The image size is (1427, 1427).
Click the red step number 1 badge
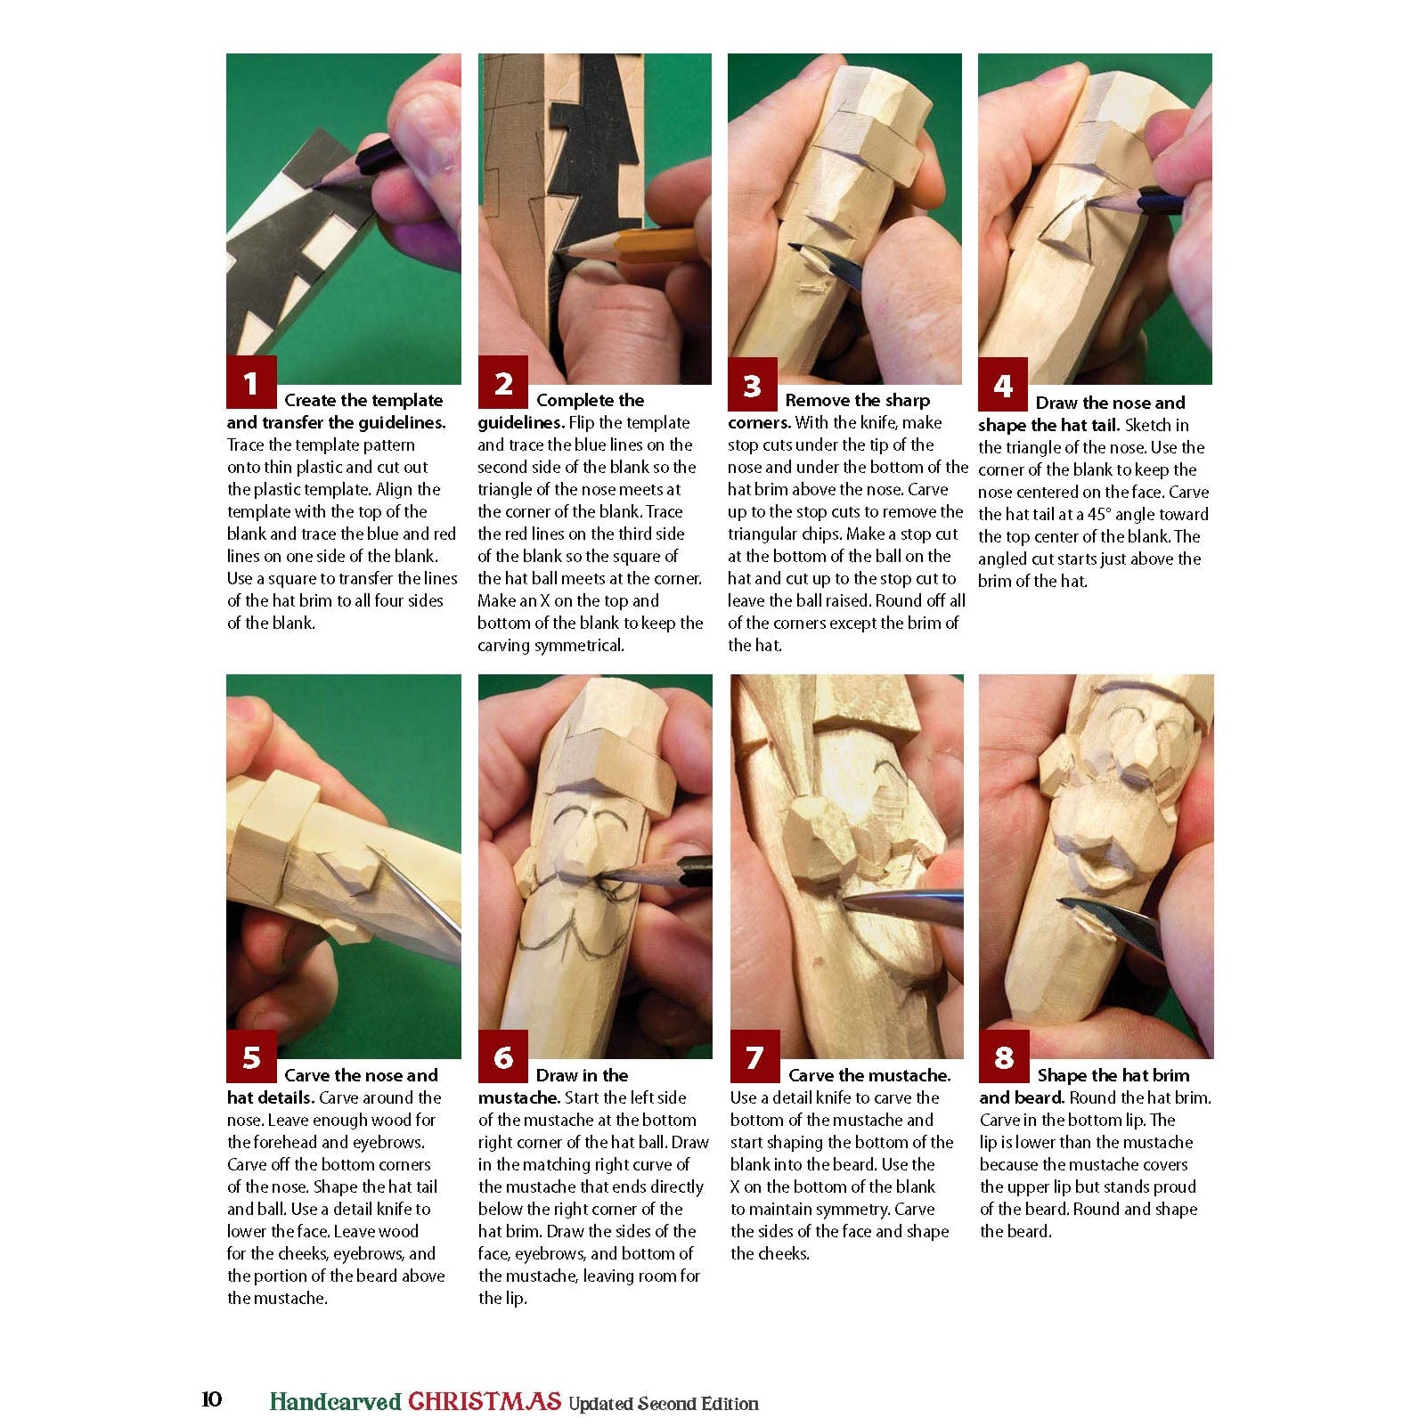click(251, 383)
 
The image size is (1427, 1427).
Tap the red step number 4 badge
click(1003, 385)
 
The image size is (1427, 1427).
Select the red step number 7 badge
click(754, 1057)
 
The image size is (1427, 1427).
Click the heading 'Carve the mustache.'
click(868, 1075)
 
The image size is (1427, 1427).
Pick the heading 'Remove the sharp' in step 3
click(857, 400)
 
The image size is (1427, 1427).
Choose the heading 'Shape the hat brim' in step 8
click(1113, 1075)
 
